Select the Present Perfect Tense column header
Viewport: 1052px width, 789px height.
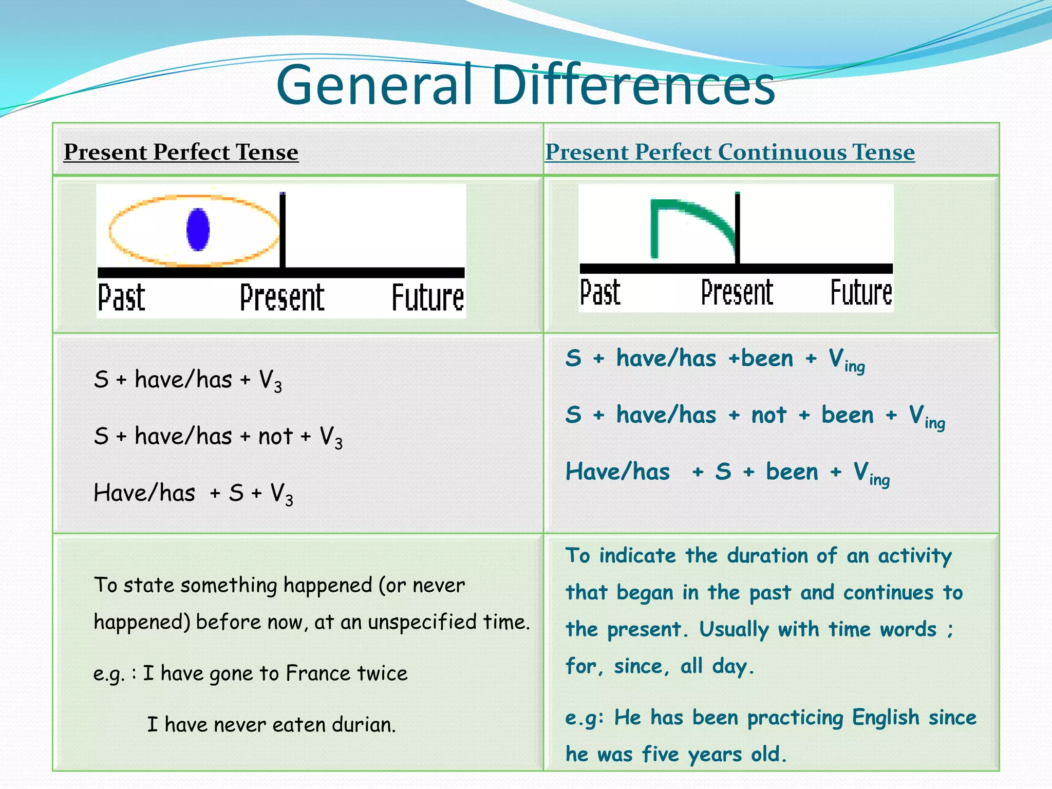point(181,152)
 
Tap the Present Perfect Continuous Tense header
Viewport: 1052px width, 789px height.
point(729,152)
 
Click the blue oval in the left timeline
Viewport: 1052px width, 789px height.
point(198,230)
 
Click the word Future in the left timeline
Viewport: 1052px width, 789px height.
point(427,298)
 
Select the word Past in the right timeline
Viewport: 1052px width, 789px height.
point(600,293)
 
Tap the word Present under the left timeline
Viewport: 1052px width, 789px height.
point(282,298)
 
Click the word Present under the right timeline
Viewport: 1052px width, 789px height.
point(737,293)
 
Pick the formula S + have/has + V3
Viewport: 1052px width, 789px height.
point(187,381)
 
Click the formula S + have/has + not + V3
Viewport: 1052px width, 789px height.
point(218,437)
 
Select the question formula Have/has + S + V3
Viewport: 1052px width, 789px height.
point(193,494)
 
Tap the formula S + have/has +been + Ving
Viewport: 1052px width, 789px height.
point(715,359)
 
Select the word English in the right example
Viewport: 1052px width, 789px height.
point(885,718)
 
